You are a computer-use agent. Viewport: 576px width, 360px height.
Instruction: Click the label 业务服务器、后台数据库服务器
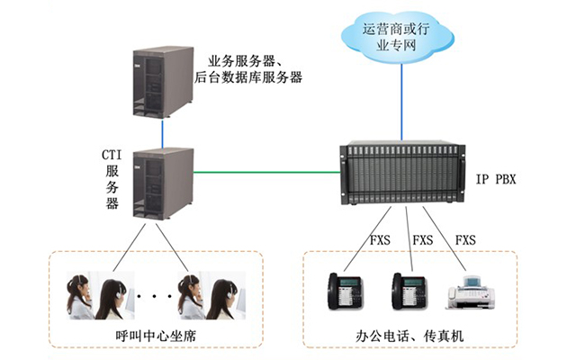(248, 69)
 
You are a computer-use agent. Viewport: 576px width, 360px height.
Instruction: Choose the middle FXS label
(422, 240)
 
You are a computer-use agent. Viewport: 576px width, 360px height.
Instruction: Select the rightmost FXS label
(465, 240)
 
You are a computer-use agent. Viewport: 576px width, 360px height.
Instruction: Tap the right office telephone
(410, 291)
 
